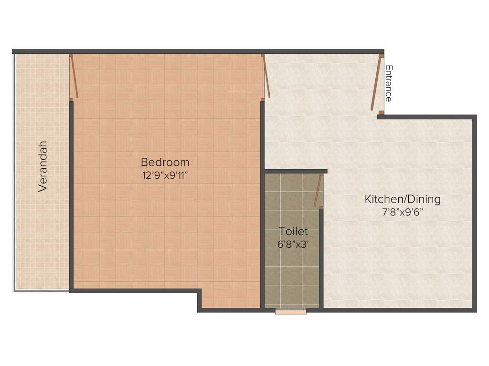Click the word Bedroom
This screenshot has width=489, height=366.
point(165,162)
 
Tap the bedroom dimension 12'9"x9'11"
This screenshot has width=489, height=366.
point(165,175)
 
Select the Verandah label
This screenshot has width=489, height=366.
point(43,166)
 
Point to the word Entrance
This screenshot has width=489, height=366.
point(389,83)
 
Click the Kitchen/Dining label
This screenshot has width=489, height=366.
point(403,199)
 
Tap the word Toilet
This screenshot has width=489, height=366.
point(293,232)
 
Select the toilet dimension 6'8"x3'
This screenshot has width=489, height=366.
point(293,244)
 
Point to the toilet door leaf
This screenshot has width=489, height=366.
point(318,190)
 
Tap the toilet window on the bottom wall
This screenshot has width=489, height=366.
point(290,312)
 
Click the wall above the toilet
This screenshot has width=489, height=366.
point(296,171)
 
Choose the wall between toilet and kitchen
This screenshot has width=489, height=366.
point(321,257)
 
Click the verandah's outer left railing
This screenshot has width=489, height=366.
point(14,172)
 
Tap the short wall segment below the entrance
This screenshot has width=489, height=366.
point(381,116)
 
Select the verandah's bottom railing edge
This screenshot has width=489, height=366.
point(41,291)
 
